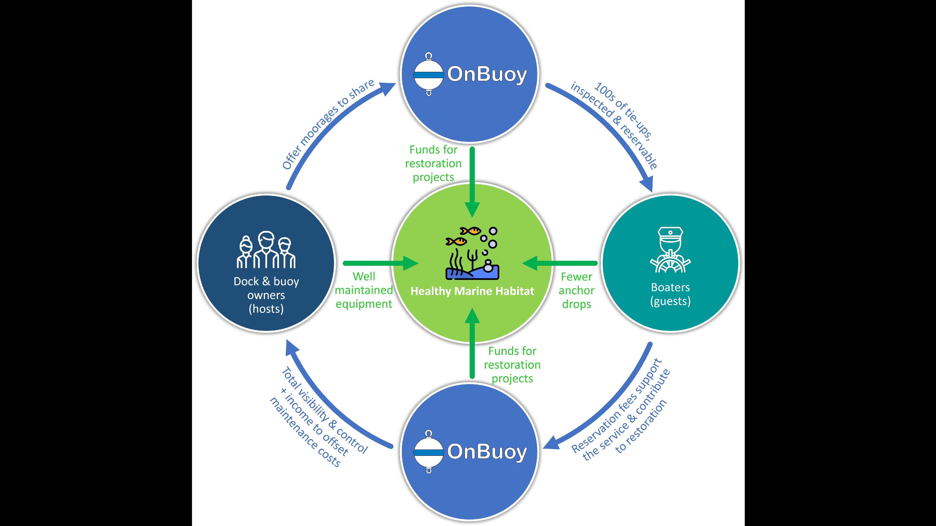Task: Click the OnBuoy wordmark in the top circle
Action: [487, 74]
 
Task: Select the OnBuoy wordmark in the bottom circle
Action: [487, 452]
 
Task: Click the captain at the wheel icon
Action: [670, 250]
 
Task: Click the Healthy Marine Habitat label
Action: [472, 291]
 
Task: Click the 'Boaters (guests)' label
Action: [670, 294]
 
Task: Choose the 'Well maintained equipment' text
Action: [364, 290]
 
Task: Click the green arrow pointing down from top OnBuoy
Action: [472, 181]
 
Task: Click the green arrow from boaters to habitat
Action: [560, 263]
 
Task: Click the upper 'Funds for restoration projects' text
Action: [433, 163]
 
